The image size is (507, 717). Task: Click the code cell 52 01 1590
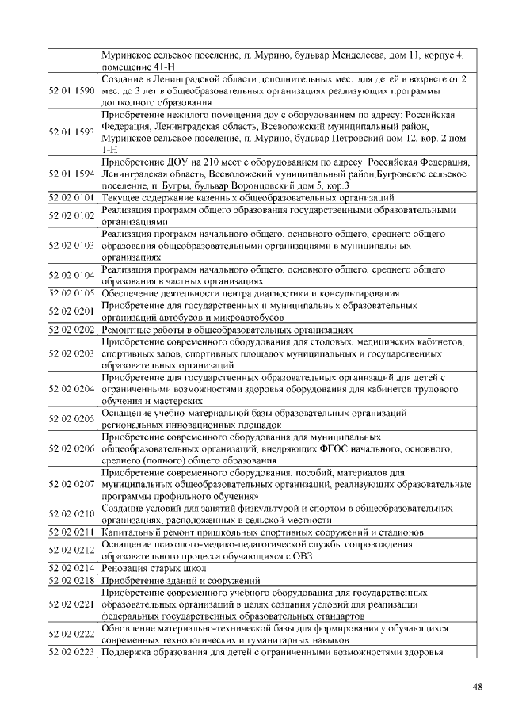point(72,91)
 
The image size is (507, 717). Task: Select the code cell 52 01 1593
point(72,132)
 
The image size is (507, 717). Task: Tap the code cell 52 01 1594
point(72,174)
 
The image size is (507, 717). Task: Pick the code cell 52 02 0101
point(72,198)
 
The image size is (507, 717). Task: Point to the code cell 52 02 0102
point(72,216)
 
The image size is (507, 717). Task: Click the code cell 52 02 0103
point(72,246)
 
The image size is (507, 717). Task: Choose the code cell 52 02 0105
point(72,293)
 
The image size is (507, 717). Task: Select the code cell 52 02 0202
point(72,330)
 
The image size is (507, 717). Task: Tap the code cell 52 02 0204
point(72,390)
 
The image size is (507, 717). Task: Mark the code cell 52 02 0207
point(72,482)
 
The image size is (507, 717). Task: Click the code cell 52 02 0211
point(72,532)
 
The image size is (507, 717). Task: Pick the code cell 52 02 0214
point(72,569)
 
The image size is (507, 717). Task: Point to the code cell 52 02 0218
point(72,581)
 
